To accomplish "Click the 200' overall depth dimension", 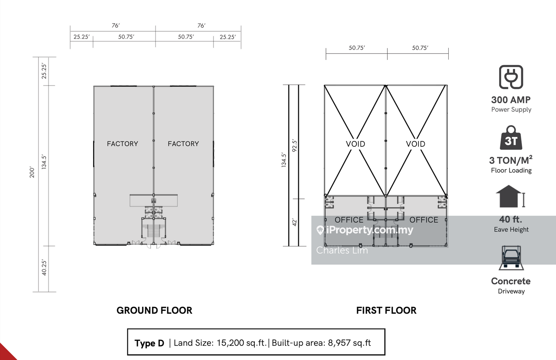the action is click(x=32, y=172).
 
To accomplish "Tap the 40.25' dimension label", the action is click(x=44, y=267).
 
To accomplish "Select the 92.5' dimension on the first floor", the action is click(x=294, y=146).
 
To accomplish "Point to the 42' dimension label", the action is click(x=294, y=222).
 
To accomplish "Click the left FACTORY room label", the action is click(x=122, y=144).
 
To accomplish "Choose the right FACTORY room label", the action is click(x=183, y=144).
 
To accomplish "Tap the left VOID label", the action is click(x=356, y=144).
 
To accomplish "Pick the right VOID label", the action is click(x=415, y=144).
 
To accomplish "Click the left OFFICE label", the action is click(x=349, y=220).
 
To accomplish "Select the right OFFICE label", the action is click(x=424, y=220).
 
